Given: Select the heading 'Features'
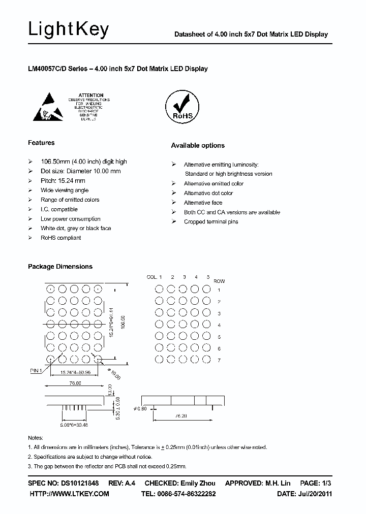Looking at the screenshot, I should point(41,143).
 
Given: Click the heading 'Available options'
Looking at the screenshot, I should point(197,145).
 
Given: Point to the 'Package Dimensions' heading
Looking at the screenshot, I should point(60,267).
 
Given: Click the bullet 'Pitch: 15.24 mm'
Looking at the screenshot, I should point(63,181).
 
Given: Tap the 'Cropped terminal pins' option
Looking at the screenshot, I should point(210,222).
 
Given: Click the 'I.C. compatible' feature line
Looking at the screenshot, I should point(59,209).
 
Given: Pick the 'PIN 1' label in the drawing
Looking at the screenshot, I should point(36,371).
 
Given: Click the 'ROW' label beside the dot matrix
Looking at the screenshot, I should point(219,281).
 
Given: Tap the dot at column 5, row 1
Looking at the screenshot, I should point(206,290).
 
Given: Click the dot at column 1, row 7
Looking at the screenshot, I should point(159,360).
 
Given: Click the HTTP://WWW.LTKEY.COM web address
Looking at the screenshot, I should point(70,494).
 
